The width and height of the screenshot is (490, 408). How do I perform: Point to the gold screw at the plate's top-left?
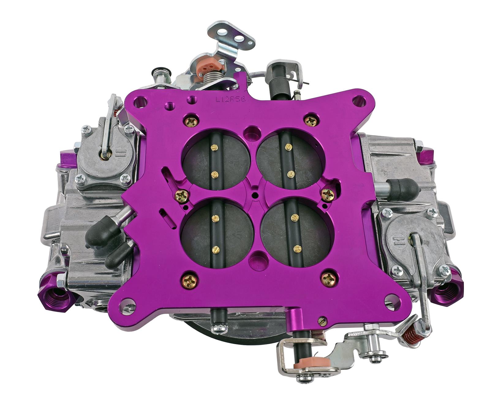point(191,122)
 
